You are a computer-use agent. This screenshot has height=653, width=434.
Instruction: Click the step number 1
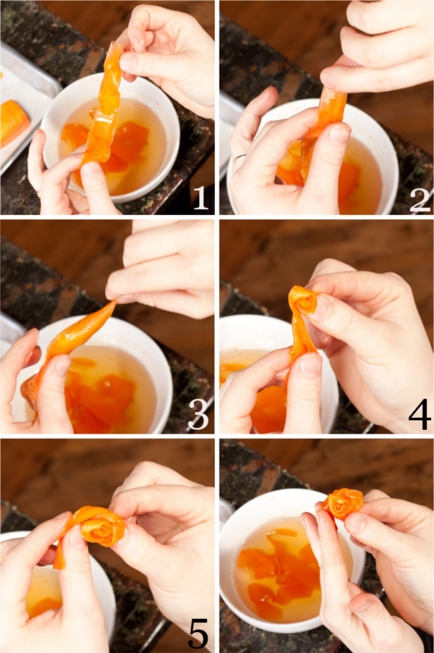[x=201, y=198]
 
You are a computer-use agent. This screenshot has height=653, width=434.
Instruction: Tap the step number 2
[x=420, y=198]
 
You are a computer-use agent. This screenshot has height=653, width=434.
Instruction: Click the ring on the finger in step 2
[x=239, y=157]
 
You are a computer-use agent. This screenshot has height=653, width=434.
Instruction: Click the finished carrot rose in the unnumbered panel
[x=341, y=504]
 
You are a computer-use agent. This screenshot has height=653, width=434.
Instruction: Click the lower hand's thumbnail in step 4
[x=310, y=365]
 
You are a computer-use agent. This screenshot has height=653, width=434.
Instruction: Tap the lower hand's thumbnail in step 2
[x=339, y=135]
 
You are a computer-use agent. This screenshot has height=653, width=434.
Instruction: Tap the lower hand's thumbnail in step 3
[x=61, y=365]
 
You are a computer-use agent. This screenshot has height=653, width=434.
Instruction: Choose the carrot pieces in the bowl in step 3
[x=100, y=395]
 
